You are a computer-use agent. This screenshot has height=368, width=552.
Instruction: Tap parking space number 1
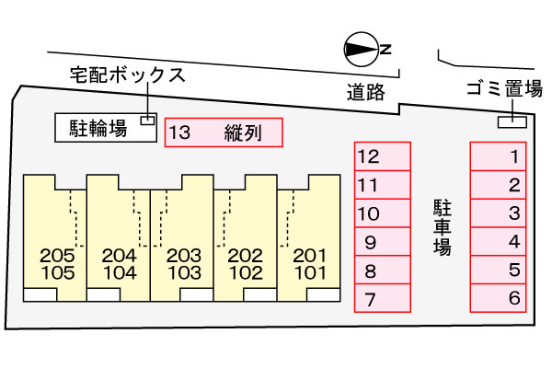(x=499, y=156)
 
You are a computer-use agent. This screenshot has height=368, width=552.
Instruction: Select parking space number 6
(x=499, y=298)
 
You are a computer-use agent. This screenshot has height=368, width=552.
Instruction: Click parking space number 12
(x=383, y=156)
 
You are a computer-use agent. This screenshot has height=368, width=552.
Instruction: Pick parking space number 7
(x=383, y=298)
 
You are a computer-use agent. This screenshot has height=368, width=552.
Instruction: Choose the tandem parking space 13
(x=223, y=133)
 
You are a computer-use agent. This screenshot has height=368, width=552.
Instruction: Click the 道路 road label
(x=365, y=92)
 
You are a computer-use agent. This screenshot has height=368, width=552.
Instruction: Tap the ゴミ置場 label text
(x=506, y=89)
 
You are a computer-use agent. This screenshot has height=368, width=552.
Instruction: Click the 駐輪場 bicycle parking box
(x=103, y=129)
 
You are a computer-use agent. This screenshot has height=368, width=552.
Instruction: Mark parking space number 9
(x=383, y=243)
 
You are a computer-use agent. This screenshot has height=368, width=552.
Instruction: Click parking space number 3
(x=499, y=213)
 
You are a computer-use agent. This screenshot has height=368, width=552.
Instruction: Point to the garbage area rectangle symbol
(x=512, y=121)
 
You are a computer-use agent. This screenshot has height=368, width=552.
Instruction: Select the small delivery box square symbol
(x=146, y=120)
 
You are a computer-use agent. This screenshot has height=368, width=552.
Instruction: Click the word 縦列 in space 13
(x=243, y=133)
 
